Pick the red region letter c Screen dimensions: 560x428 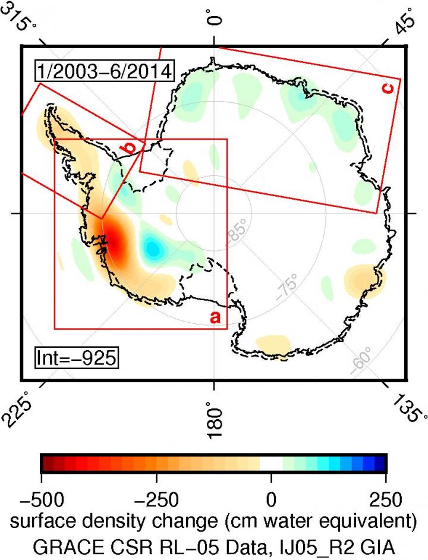tap(388, 88)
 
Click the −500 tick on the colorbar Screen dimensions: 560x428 tap(41, 497)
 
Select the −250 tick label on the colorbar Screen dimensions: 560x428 tap(157, 497)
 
